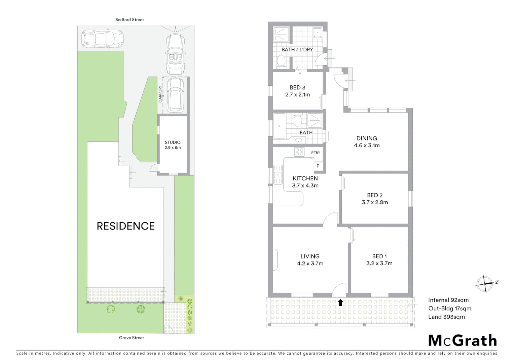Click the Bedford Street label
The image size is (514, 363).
130,20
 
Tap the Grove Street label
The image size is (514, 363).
131,338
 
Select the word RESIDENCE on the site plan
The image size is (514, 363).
125,226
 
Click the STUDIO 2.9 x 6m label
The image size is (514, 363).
173,145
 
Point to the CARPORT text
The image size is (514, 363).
160,94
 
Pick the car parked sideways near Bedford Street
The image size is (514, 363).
103,39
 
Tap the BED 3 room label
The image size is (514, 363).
297,88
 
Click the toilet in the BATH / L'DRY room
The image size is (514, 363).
281,62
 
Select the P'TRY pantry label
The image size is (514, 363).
316,153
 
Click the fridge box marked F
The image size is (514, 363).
318,166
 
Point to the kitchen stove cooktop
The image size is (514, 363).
299,152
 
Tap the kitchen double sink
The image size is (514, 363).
278,174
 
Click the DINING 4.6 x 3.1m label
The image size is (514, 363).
367,142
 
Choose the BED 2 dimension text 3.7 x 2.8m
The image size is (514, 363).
375,202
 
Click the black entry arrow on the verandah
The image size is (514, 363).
340,303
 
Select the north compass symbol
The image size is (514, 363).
484,283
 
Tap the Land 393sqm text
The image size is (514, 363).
446,317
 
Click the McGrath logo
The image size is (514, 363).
463,340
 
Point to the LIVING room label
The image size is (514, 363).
310,256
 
